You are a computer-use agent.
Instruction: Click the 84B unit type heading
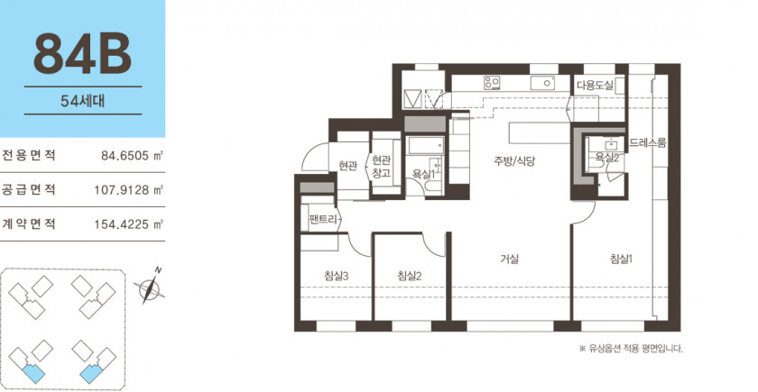[x=83, y=55]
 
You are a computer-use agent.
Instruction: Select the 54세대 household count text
[x=83, y=100]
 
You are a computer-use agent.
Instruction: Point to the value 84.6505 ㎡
[x=132, y=155]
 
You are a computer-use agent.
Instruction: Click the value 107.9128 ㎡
[x=128, y=190]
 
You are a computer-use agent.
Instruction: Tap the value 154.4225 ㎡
[x=128, y=224]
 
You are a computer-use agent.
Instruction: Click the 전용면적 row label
[x=29, y=155]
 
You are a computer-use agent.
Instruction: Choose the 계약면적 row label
[x=29, y=224]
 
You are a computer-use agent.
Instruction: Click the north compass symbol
[x=150, y=286]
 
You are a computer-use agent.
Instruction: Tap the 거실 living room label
[x=510, y=260]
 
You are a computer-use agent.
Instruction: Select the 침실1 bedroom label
[x=621, y=260]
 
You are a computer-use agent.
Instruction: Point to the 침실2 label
[x=410, y=276]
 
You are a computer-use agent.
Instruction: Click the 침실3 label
[x=337, y=276]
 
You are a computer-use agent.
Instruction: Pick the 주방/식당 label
[x=514, y=161]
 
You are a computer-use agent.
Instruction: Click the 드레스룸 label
[x=648, y=143]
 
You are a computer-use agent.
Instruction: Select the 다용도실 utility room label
[x=595, y=86]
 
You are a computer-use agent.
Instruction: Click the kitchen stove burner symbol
[x=492, y=83]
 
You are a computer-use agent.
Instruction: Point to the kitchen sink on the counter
[x=542, y=83]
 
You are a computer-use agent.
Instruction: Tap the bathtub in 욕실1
[x=425, y=145]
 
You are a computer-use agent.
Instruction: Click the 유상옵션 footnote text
[x=632, y=349]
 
